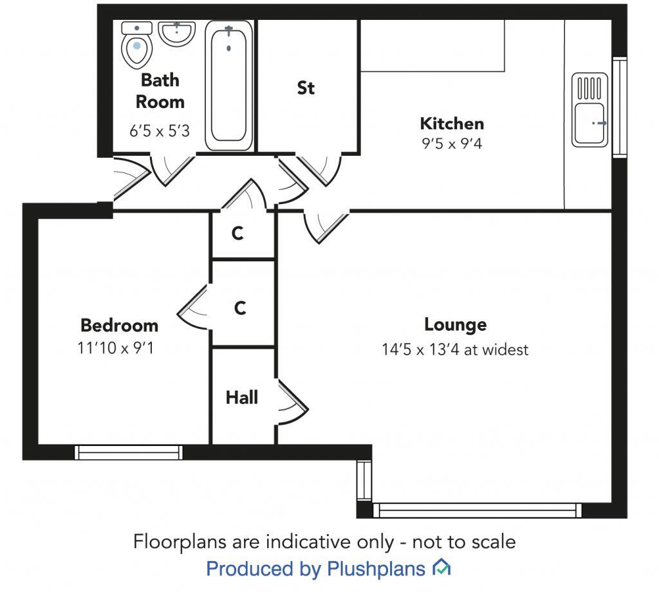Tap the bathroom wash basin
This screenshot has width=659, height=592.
(x=176, y=32)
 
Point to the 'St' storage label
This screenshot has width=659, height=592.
(x=306, y=88)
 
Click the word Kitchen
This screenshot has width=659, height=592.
(x=452, y=123)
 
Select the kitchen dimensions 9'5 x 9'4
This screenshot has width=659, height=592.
(x=452, y=143)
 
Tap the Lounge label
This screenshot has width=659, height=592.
(x=455, y=324)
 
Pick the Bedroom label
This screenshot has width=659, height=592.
(x=119, y=325)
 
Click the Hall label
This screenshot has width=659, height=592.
(x=242, y=398)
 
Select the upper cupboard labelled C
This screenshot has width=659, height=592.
(x=237, y=234)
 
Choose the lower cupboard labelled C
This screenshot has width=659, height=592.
(x=240, y=308)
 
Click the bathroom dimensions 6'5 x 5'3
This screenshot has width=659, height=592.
(x=160, y=131)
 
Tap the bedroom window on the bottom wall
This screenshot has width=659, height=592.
(x=129, y=452)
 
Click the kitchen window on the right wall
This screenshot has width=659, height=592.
(x=620, y=107)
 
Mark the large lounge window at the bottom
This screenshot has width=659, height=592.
(x=477, y=510)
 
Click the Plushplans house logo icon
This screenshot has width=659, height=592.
(x=441, y=568)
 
